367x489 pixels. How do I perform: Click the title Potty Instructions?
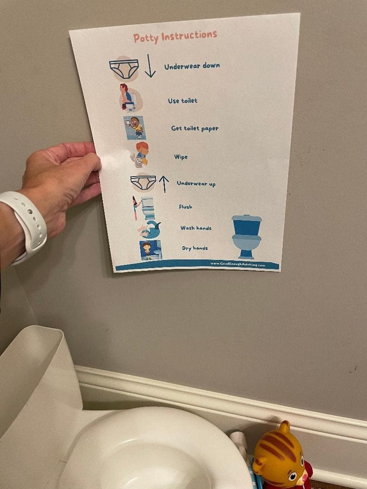point(175,37)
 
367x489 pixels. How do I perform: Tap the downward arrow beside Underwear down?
point(150,66)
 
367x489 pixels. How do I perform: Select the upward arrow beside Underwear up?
point(164,184)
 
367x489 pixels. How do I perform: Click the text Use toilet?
point(182,101)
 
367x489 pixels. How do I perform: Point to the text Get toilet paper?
point(195,128)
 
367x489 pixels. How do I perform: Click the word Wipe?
point(181,157)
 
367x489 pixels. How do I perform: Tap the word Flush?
point(186,206)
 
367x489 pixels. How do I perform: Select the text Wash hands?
point(196,228)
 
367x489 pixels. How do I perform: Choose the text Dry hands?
point(195,248)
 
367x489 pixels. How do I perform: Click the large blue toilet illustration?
point(247,236)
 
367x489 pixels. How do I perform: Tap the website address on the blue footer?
point(238,264)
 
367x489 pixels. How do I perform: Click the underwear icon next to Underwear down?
point(124,68)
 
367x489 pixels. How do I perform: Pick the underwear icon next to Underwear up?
point(143,183)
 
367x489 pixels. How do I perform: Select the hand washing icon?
point(150,229)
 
